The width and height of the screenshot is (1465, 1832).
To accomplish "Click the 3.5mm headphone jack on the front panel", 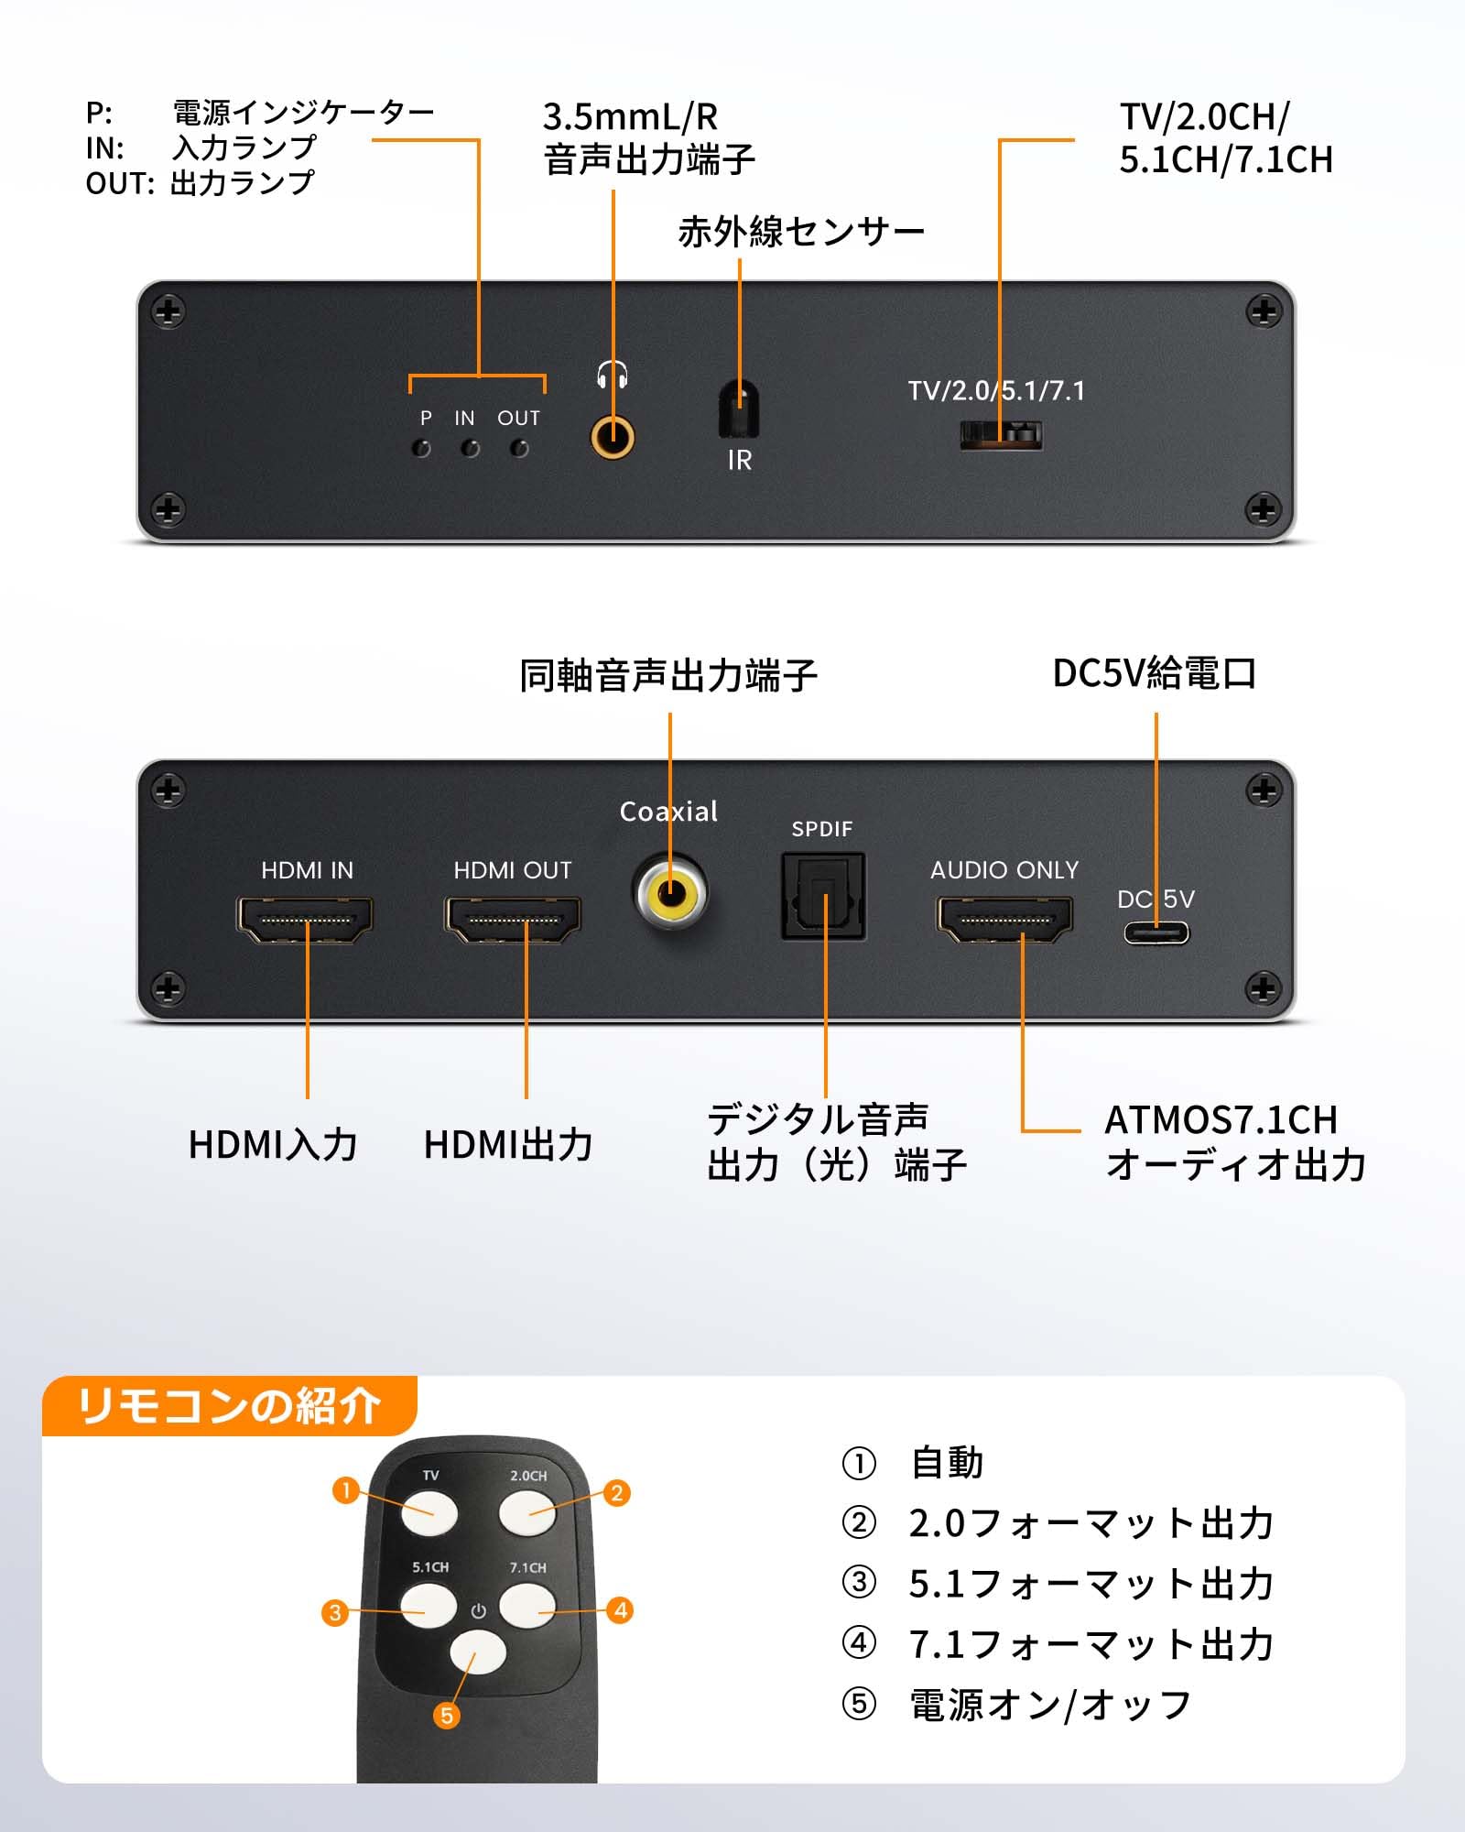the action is pyautogui.click(x=612, y=438).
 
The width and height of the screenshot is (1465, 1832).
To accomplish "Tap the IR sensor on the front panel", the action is pyautogui.click(x=739, y=408).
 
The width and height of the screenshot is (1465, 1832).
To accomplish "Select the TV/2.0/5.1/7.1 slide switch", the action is pyautogui.click(x=1001, y=434).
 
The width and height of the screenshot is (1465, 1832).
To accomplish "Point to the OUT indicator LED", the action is pyautogui.click(x=519, y=449).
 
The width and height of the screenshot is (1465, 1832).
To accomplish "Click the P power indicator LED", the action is pyautogui.click(x=421, y=449).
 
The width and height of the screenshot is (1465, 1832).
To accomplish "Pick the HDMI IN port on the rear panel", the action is pyautogui.click(x=306, y=920).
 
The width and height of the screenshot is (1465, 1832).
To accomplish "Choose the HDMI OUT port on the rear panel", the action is pyautogui.click(x=513, y=920).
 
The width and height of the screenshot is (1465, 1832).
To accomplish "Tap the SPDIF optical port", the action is pyautogui.click(x=823, y=896).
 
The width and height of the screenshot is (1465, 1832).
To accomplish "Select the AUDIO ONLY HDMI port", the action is pyautogui.click(x=1004, y=920).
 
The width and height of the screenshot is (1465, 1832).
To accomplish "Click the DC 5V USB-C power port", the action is pyautogui.click(x=1156, y=933).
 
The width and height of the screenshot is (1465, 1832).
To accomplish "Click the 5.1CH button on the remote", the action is pyautogui.click(x=429, y=1605).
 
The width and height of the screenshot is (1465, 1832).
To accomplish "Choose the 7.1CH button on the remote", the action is pyautogui.click(x=527, y=1605).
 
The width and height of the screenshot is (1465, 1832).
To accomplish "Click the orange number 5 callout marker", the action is pyautogui.click(x=447, y=1715).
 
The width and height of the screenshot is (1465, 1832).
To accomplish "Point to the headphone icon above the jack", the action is pyautogui.click(x=612, y=374).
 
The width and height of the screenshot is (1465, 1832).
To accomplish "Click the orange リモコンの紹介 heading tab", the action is pyautogui.click(x=229, y=1405).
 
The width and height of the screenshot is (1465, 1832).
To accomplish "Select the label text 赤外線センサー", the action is pyautogui.click(x=801, y=232).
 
